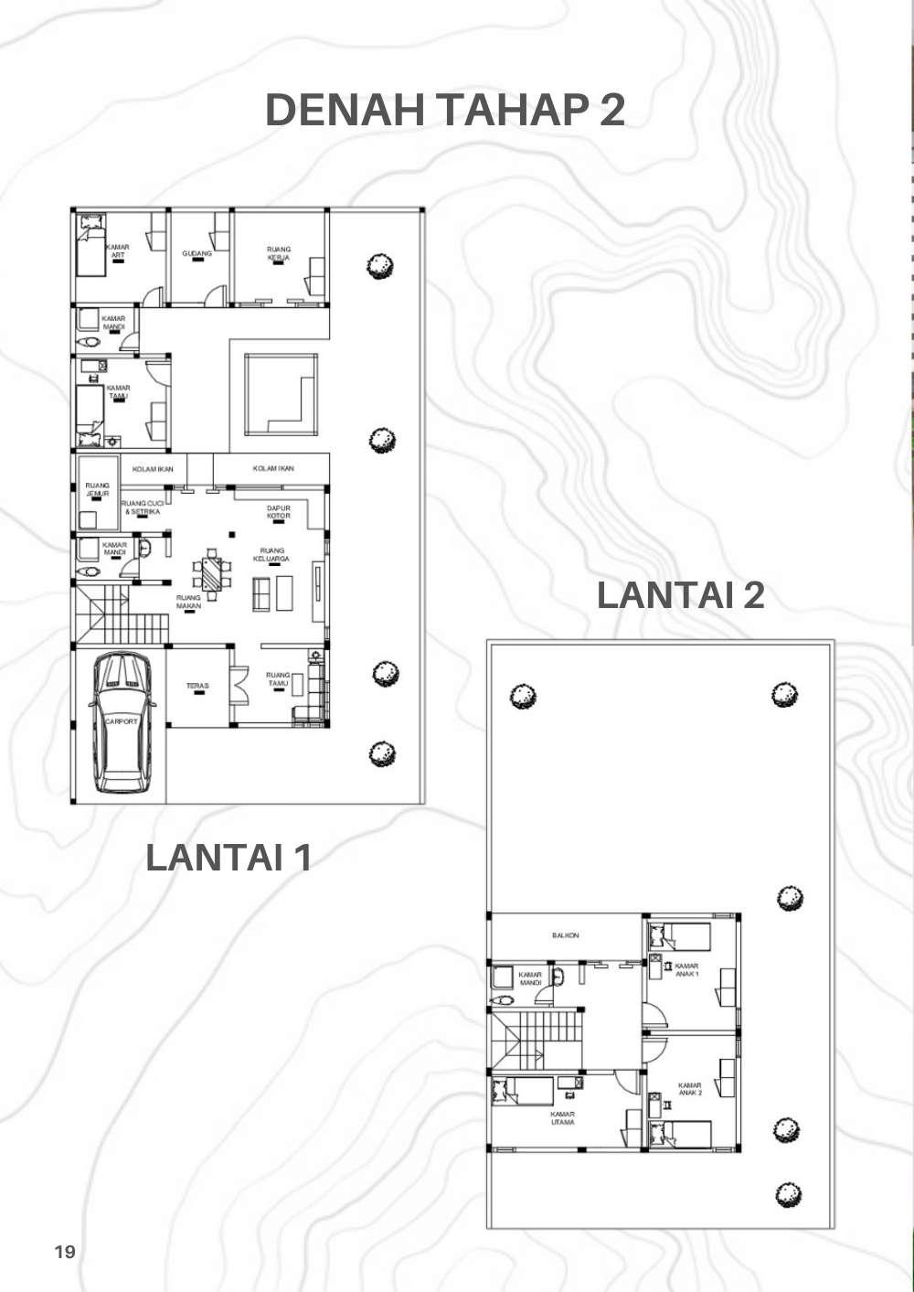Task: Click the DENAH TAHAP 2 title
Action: pos(445,111)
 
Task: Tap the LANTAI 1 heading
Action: pos(228,859)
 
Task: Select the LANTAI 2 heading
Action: pos(680,595)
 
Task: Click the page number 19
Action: pos(65,1252)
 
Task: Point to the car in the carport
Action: pos(121,721)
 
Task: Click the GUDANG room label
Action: pos(197,253)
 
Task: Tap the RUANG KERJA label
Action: pos(279,253)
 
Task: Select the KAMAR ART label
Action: pos(117,251)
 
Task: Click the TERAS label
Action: pos(197,686)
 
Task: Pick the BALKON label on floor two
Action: pos(565,935)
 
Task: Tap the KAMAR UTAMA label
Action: pos(562,1117)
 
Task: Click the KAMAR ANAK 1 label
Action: pos(686,969)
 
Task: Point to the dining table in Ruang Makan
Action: pos(211,573)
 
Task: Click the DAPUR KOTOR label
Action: pos(279,512)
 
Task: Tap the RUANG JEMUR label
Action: pos(97,489)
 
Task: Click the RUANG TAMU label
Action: pos(278,679)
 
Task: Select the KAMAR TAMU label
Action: pos(119,391)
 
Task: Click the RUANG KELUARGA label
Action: pos(271,555)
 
